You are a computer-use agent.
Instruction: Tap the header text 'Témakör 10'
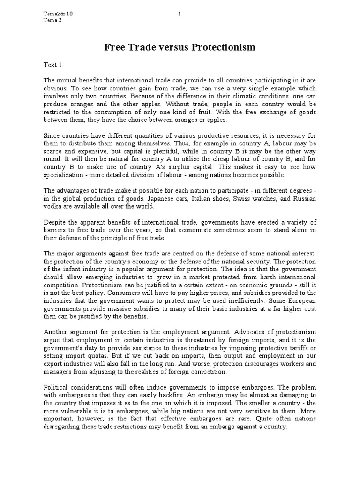58,14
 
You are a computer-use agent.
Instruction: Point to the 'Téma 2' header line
52,20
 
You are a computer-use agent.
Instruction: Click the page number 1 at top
180,14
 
